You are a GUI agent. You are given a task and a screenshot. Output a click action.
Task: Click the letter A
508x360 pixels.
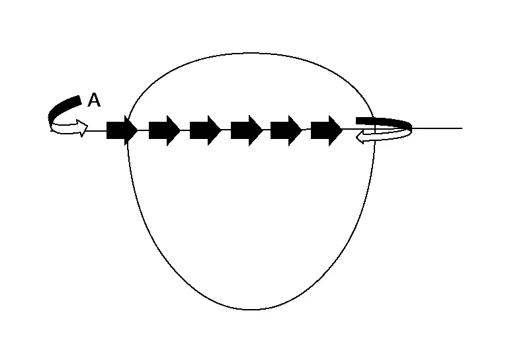95,100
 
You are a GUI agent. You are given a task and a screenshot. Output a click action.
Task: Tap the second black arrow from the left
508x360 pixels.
164,130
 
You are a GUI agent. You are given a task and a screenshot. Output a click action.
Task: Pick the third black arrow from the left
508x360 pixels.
206,130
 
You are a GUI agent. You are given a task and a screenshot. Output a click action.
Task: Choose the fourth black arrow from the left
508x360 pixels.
247,130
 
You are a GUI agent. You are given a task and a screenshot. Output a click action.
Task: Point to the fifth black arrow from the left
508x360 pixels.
286,130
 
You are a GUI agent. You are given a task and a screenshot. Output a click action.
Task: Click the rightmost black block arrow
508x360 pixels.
327,130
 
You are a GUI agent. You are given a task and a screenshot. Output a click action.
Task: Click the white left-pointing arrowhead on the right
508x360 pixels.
360,138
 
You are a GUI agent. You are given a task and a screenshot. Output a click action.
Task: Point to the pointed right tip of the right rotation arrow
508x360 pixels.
412,129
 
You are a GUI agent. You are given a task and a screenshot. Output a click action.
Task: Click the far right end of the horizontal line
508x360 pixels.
462,128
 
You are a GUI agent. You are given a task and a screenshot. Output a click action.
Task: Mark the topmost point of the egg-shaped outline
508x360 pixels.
251,53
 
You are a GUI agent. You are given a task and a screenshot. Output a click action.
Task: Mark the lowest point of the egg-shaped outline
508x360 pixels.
251,310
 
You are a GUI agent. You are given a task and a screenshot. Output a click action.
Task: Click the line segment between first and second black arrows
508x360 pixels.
143,130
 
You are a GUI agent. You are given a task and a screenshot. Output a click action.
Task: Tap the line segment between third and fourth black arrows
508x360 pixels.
226,130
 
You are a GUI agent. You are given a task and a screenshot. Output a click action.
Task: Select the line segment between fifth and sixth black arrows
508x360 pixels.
306,130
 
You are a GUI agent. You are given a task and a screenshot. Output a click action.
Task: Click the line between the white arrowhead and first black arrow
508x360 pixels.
97,130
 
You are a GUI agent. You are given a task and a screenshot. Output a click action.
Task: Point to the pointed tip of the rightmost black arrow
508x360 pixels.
342,130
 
